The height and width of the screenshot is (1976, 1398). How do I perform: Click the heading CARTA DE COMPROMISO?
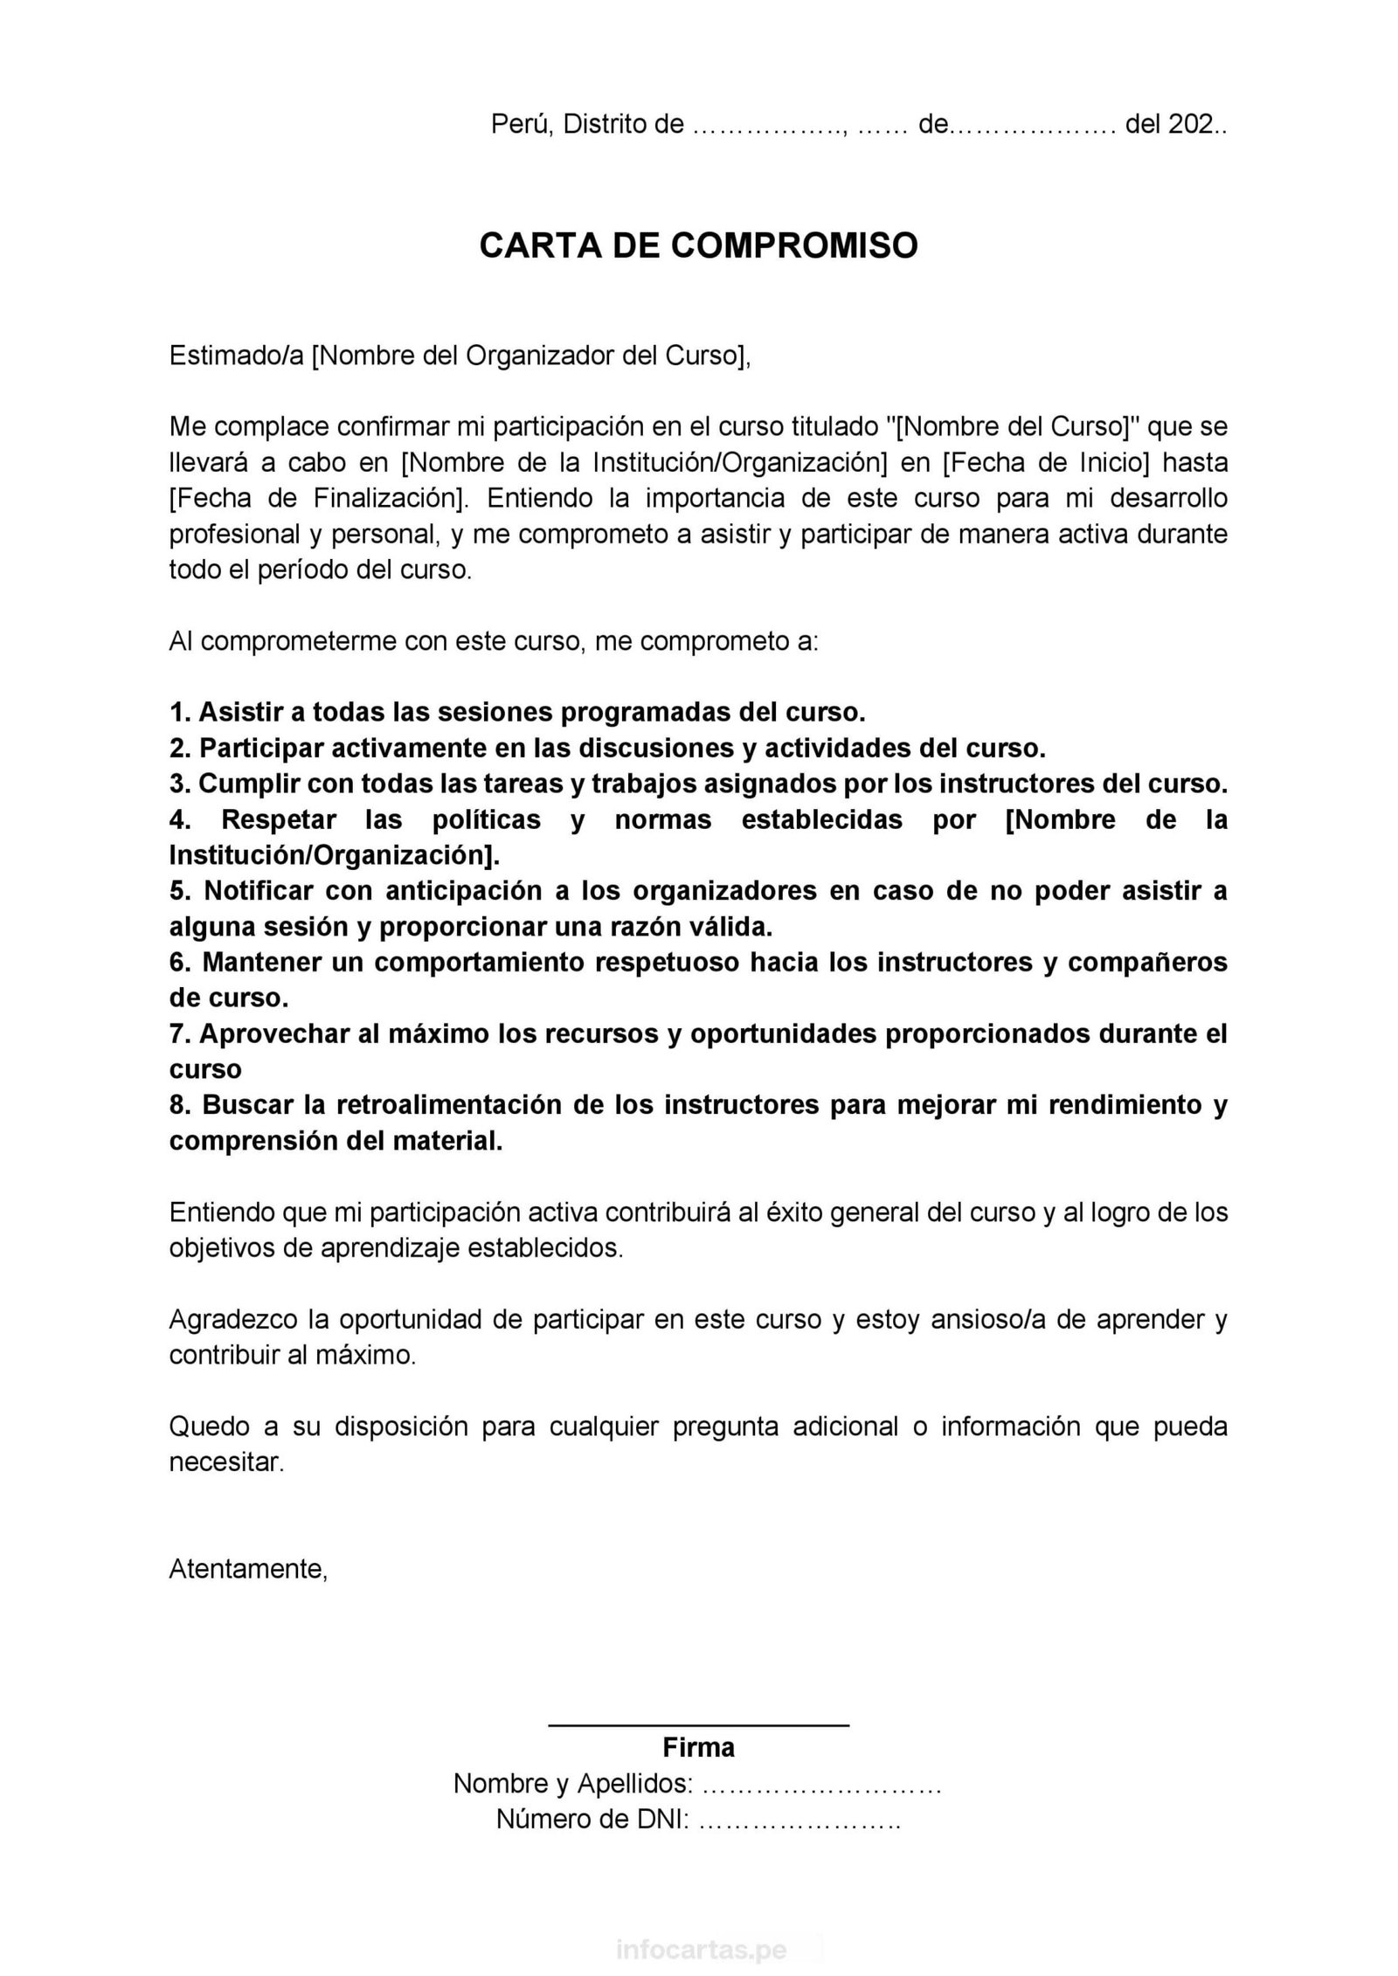click(698, 245)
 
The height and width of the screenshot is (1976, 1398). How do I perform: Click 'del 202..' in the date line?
click(1175, 125)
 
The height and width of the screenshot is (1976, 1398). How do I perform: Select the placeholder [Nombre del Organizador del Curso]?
click(530, 356)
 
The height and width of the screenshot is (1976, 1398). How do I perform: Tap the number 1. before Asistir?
click(180, 712)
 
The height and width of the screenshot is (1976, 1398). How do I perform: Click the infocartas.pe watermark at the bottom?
click(702, 1950)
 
